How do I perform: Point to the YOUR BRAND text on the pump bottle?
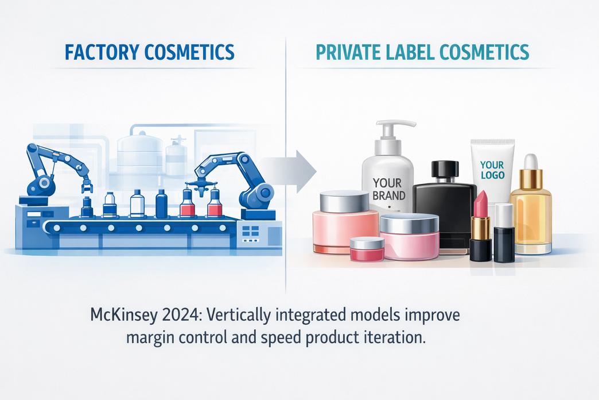coord(388,189)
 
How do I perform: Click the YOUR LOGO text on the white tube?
coord(492,168)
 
